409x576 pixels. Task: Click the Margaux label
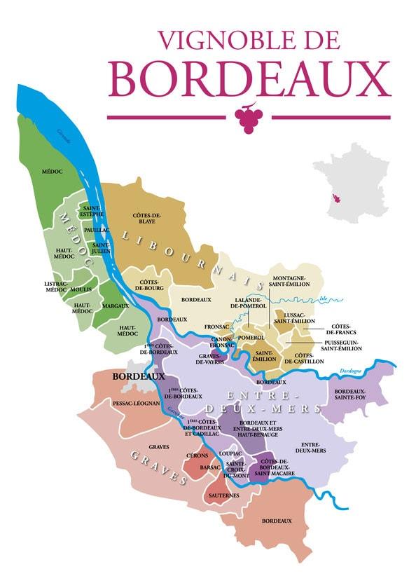pyautogui.click(x=116, y=306)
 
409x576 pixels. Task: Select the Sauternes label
pyautogui.click(x=223, y=495)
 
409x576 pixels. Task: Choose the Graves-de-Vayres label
pyautogui.click(x=209, y=359)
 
